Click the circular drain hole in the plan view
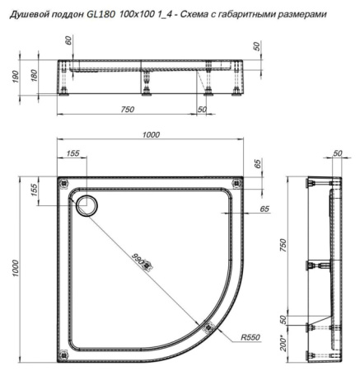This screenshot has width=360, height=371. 86,205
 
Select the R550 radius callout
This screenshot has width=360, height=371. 252,338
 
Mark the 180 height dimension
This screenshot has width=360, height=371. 35,77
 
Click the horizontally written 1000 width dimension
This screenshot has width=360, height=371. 150,135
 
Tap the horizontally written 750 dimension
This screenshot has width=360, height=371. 126,110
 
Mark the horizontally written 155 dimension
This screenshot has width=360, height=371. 74,153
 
